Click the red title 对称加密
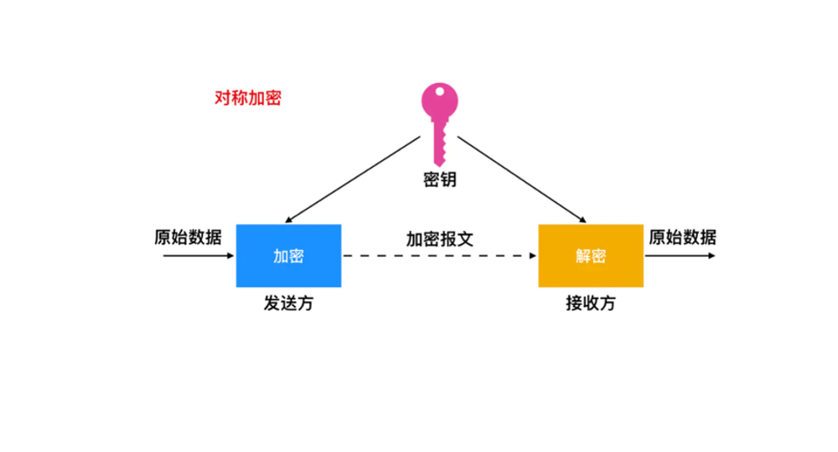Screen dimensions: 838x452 coord(247,98)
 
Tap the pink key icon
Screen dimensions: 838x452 coord(439,124)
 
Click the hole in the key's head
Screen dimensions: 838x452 coord(439,91)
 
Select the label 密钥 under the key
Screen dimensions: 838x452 coord(440,179)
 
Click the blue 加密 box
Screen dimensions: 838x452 coord(288,256)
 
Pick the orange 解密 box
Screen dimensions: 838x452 coord(591,256)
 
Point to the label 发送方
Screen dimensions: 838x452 coord(288,304)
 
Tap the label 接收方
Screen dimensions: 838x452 coord(591,304)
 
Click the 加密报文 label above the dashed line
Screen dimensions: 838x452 coord(440,239)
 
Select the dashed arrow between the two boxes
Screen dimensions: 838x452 coord(440,256)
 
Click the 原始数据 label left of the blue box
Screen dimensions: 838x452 coord(188,237)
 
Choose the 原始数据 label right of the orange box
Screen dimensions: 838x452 coord(682,237)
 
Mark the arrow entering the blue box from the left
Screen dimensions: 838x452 coord(199,256)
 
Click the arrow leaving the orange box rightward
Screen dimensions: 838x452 coord(680,256)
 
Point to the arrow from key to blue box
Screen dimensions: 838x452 coord(353,179)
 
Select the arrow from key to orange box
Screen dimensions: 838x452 coord(522,179)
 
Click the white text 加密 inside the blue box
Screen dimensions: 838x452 coord(288,257)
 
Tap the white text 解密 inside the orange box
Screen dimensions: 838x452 coord(591,257)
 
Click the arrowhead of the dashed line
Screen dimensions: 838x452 coord(533,256)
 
